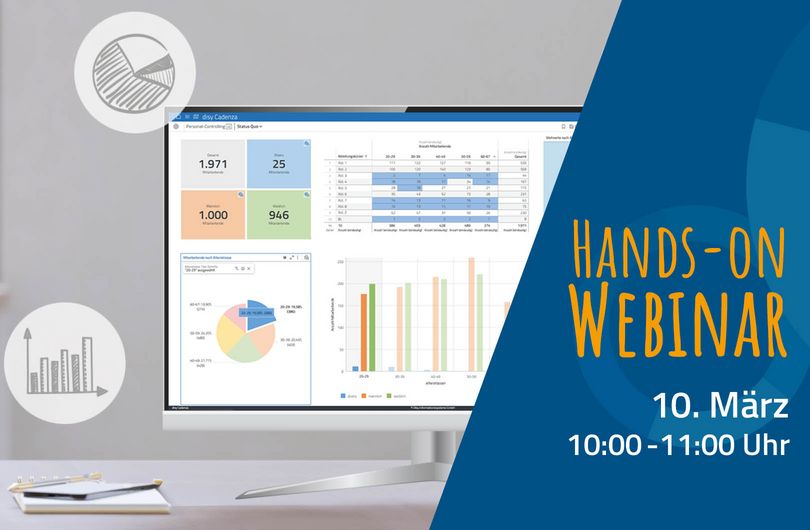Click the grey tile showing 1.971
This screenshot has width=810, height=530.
click(x=212, y=166)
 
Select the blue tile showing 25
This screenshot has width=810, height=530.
click(x=279, y=166)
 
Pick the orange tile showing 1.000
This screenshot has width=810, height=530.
click(x=212, y=213)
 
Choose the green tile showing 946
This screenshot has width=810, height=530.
click(x=279, y=213)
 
